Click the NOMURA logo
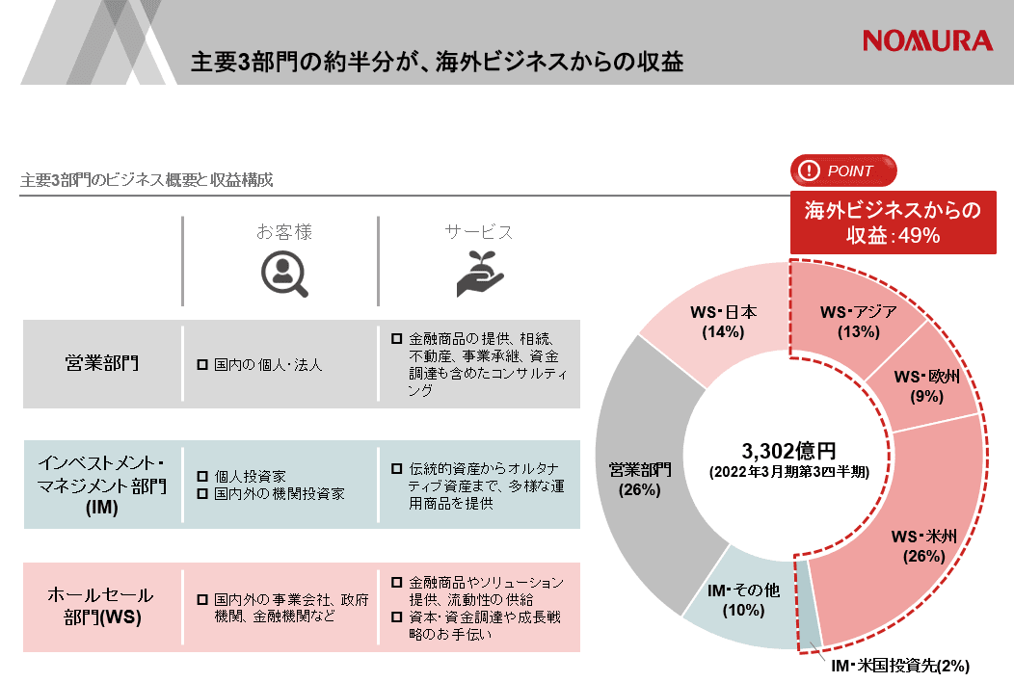coord(927,40)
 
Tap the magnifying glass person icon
coord(284,274)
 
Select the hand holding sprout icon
coord(480,274)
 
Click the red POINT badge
coord(843,170)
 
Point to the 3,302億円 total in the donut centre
coord(788,450)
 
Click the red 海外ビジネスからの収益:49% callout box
coord(893,222)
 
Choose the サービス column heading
coord(479,232)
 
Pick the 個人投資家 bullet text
coord(250,476)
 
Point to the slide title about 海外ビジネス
coord(438,62)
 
